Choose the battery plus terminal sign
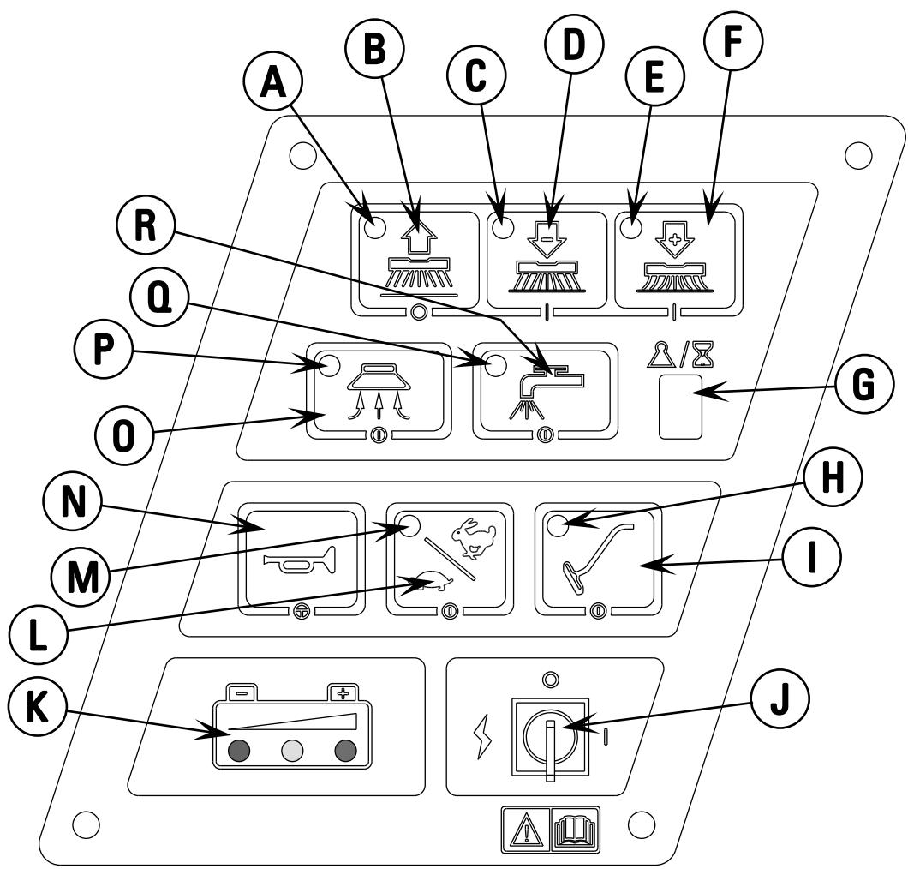point(344,692)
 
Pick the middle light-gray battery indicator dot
point(290,752)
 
